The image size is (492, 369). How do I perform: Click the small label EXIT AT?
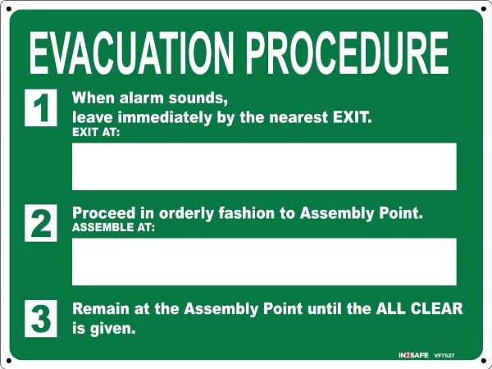click(96, 133)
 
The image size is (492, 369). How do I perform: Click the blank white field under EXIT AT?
click(264, 166)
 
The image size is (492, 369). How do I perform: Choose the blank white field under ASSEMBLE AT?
click(264, 262)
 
